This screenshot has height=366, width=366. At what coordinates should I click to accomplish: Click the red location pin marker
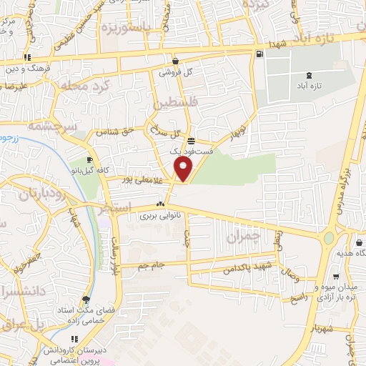coord(184,169)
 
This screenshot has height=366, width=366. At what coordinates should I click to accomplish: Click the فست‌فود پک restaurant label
coord(184,152)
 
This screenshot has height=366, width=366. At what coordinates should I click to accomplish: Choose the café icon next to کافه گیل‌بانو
coord(89,159)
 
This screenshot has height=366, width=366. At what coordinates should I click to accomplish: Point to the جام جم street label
coord(152,266)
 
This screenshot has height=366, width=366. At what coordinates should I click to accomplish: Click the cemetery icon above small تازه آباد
coord(309,75)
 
